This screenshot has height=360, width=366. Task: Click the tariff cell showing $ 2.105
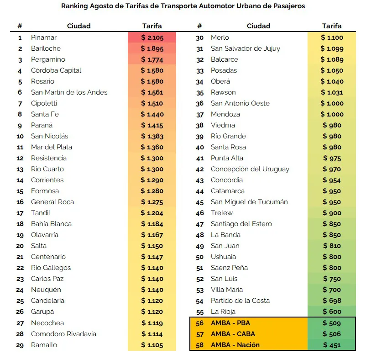(x=152, y=37)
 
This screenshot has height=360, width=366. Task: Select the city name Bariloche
(x=46, y=48)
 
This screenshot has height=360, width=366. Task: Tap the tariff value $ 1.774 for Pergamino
(x=152, y=59)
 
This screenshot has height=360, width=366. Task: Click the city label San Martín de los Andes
(x=69, y=92)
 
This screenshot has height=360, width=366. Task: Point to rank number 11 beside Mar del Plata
(x=20, y=147)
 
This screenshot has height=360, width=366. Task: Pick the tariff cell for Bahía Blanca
(x=152, y=224)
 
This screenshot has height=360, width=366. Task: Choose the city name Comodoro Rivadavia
(x=63, y=334)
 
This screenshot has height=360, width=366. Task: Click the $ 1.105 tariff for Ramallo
(x=152, y=345)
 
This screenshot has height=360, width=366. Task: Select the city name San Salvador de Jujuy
(x=246, y=48)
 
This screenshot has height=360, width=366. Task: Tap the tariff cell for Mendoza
(x=332, y=114)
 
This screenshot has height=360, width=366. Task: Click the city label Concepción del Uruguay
(x=250, y=169)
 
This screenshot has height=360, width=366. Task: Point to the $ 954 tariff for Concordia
(x=332, y=180)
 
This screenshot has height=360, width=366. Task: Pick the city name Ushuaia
(x=223, y=257)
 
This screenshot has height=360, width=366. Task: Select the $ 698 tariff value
(x=332, y=301)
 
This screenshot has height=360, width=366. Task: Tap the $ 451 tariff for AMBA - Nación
(x=332, y=345)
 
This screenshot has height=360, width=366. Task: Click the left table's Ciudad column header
(x=78, y=26)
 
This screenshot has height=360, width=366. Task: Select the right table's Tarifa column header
(x=332, y=26)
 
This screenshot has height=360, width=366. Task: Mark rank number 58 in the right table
(x=199, y=345)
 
